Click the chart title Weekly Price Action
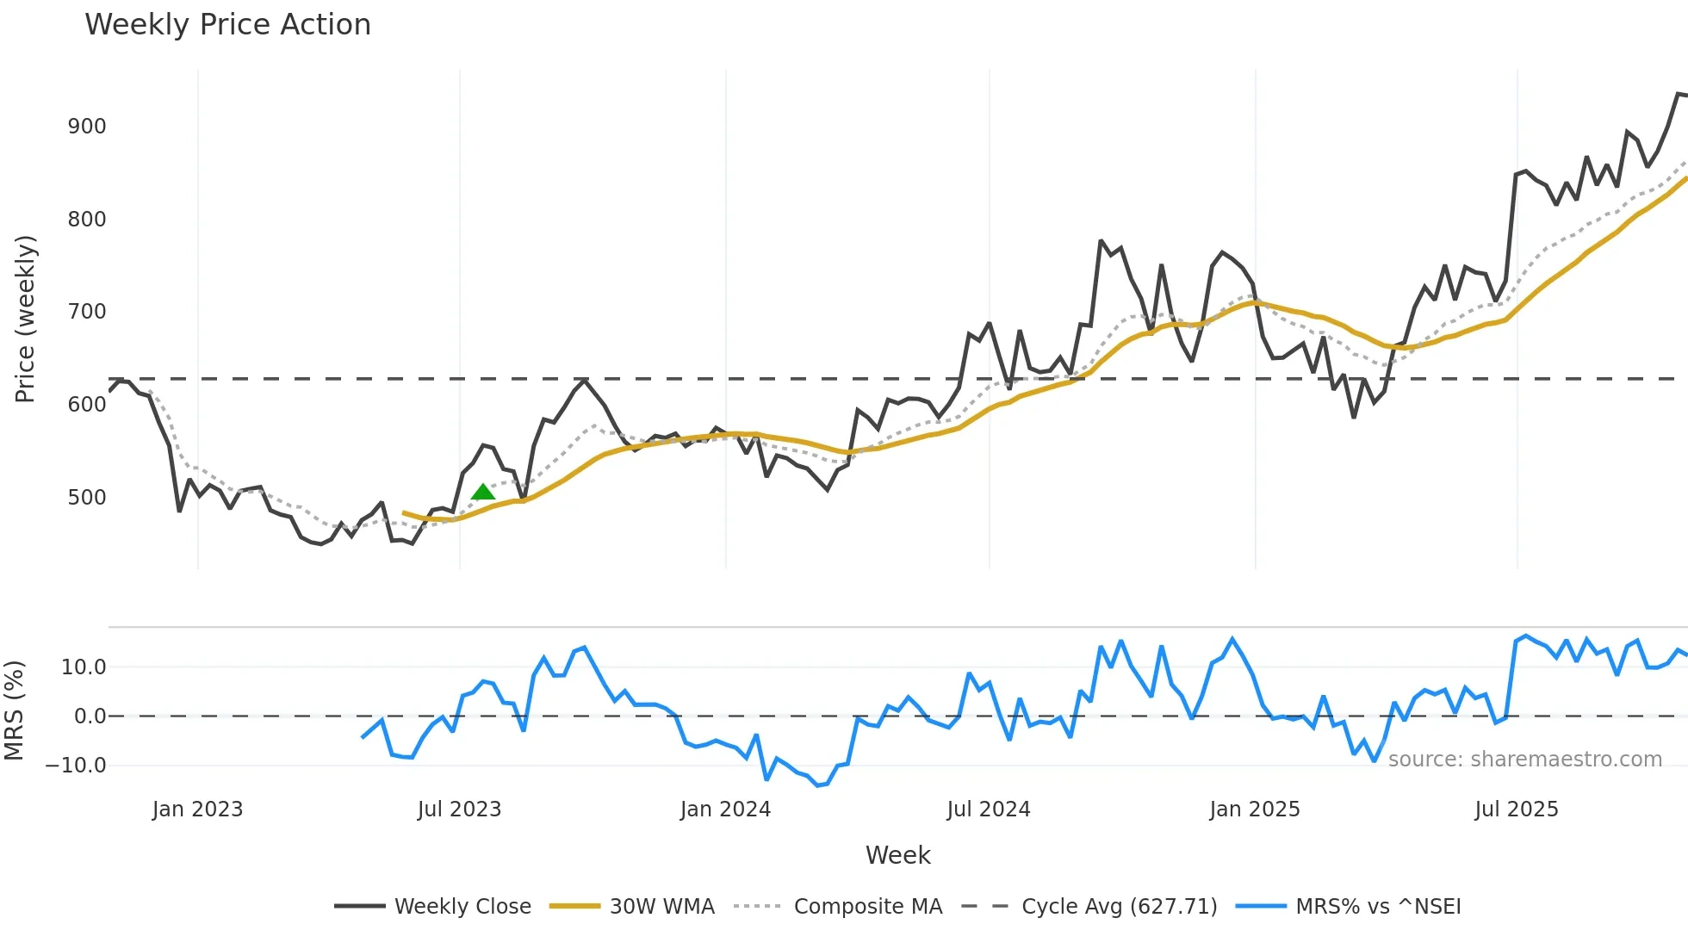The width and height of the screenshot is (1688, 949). pyautogui.click(x=227, y=25)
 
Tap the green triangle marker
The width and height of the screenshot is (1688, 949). pyautogui.click(x=483, y=493)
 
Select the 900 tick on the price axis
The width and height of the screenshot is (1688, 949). pyautogui.click(x=87, y=127)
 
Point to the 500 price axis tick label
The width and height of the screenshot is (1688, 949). pyautogui.click(x=87, y=498)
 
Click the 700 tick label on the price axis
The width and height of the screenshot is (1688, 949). pyautogui.click(x=87, y=312)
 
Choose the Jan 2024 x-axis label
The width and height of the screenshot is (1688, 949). pyautogui.click(x=725, y=809)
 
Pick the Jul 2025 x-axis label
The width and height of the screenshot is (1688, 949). pyautogui.click(x=1516, y=809)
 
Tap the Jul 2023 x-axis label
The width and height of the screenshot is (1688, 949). pyautogui.click(x=459, y=809)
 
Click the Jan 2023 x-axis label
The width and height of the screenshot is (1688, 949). pyautogui.click(x=197, y=809)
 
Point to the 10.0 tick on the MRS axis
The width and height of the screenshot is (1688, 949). pyautogui.click(x=84, y=667)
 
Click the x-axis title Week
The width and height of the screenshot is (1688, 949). pyautogui.click(x=897, y=855)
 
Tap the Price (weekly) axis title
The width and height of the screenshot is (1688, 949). pyautogui.click(x=25, y=319)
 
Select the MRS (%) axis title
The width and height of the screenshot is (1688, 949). pyautogui.click(x=14, y=710)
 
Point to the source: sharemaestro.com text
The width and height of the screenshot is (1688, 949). pyautogui.click(x=1524, y=760)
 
